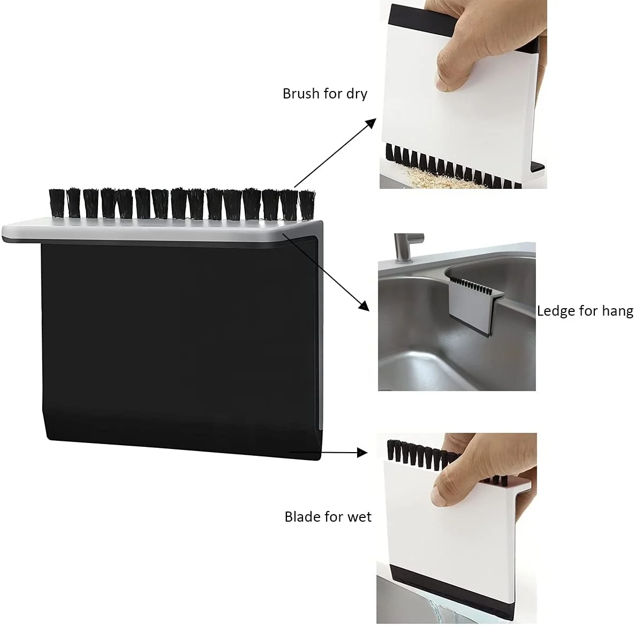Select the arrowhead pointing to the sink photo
[364, 306]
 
